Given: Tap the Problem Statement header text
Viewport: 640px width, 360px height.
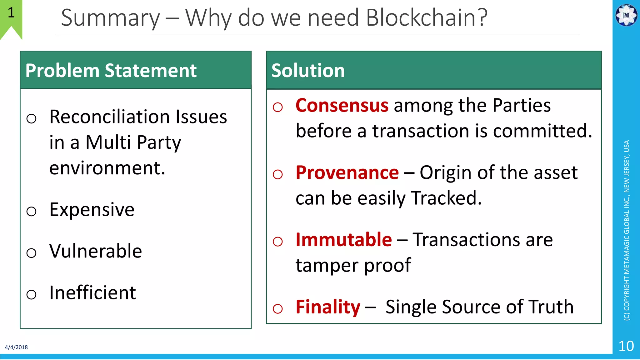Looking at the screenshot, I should [x=111, y=70].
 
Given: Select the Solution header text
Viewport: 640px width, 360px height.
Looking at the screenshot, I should [x=308, y=70].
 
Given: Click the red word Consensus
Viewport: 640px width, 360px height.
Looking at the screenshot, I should [x=342, y=105].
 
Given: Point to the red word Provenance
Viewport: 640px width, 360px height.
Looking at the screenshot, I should [x=347, y=172].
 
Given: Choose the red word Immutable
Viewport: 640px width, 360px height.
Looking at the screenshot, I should [x=343, y=240].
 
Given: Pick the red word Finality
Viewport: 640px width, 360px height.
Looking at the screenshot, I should [x=328, y=307].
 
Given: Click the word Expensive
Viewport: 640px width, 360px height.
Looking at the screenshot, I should [x=92, y=209].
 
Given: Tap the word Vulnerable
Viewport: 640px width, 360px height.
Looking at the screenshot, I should [x=96, y=251].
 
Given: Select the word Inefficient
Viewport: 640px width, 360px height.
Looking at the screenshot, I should [x=92, y=293].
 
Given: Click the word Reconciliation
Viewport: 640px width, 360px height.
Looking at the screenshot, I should [x=111, y=117].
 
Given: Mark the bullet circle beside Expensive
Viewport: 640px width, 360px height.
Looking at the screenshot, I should [x=31, y=212].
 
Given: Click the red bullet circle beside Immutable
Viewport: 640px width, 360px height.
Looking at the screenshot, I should [x=277, y=242].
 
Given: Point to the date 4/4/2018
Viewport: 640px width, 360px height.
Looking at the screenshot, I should [x=16, y=347].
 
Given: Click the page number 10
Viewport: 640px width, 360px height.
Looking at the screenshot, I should [x=626, y=346].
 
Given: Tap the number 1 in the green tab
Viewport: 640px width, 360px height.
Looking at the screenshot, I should [x=11, y=13].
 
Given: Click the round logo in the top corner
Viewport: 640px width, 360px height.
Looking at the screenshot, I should [x=626, y=15].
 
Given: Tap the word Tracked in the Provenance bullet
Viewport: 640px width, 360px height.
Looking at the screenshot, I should [x=446, y=198].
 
